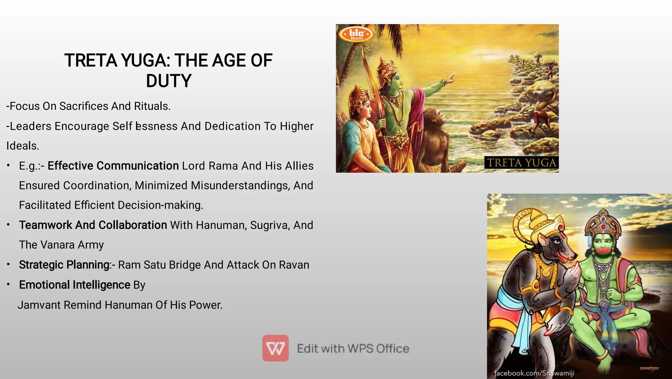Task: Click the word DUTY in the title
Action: (x=169, y=81)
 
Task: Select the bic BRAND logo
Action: (x=356, y=34)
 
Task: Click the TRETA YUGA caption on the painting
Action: (x=521, y=163)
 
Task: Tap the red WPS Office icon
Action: (x=275, y=348)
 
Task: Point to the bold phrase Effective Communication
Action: (x=113, y=166)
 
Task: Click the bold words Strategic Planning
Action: (x=64, y=265)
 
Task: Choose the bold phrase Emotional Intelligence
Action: (x=74, y=285)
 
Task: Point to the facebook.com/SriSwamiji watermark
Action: (x=534, y=373)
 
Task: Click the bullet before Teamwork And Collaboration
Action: (x=9, y=225)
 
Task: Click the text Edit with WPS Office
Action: (x=353, y=348)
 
